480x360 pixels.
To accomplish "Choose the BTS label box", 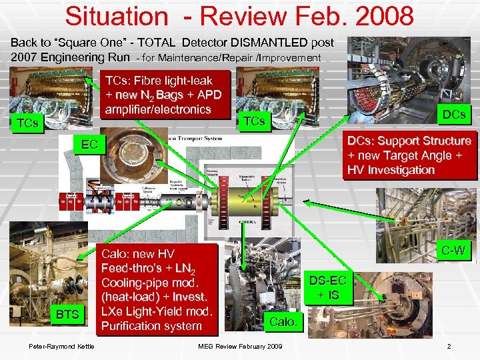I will pyautogui.click(x=67, y=314).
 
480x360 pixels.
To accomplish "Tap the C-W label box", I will pyautogui.click(x=453, y=251).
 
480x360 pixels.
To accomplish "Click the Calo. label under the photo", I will pyautogui.click(x=285, y=322).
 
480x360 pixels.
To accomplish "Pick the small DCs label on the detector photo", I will pyautogui.click(x=453, y=114).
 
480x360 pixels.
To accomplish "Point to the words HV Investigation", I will pyautogui.click(x=391, y=170).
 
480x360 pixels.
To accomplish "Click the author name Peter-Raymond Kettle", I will pyautogui.click(x=61, y=345).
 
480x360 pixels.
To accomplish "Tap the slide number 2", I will pyautogui.click(x=449, y=345).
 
